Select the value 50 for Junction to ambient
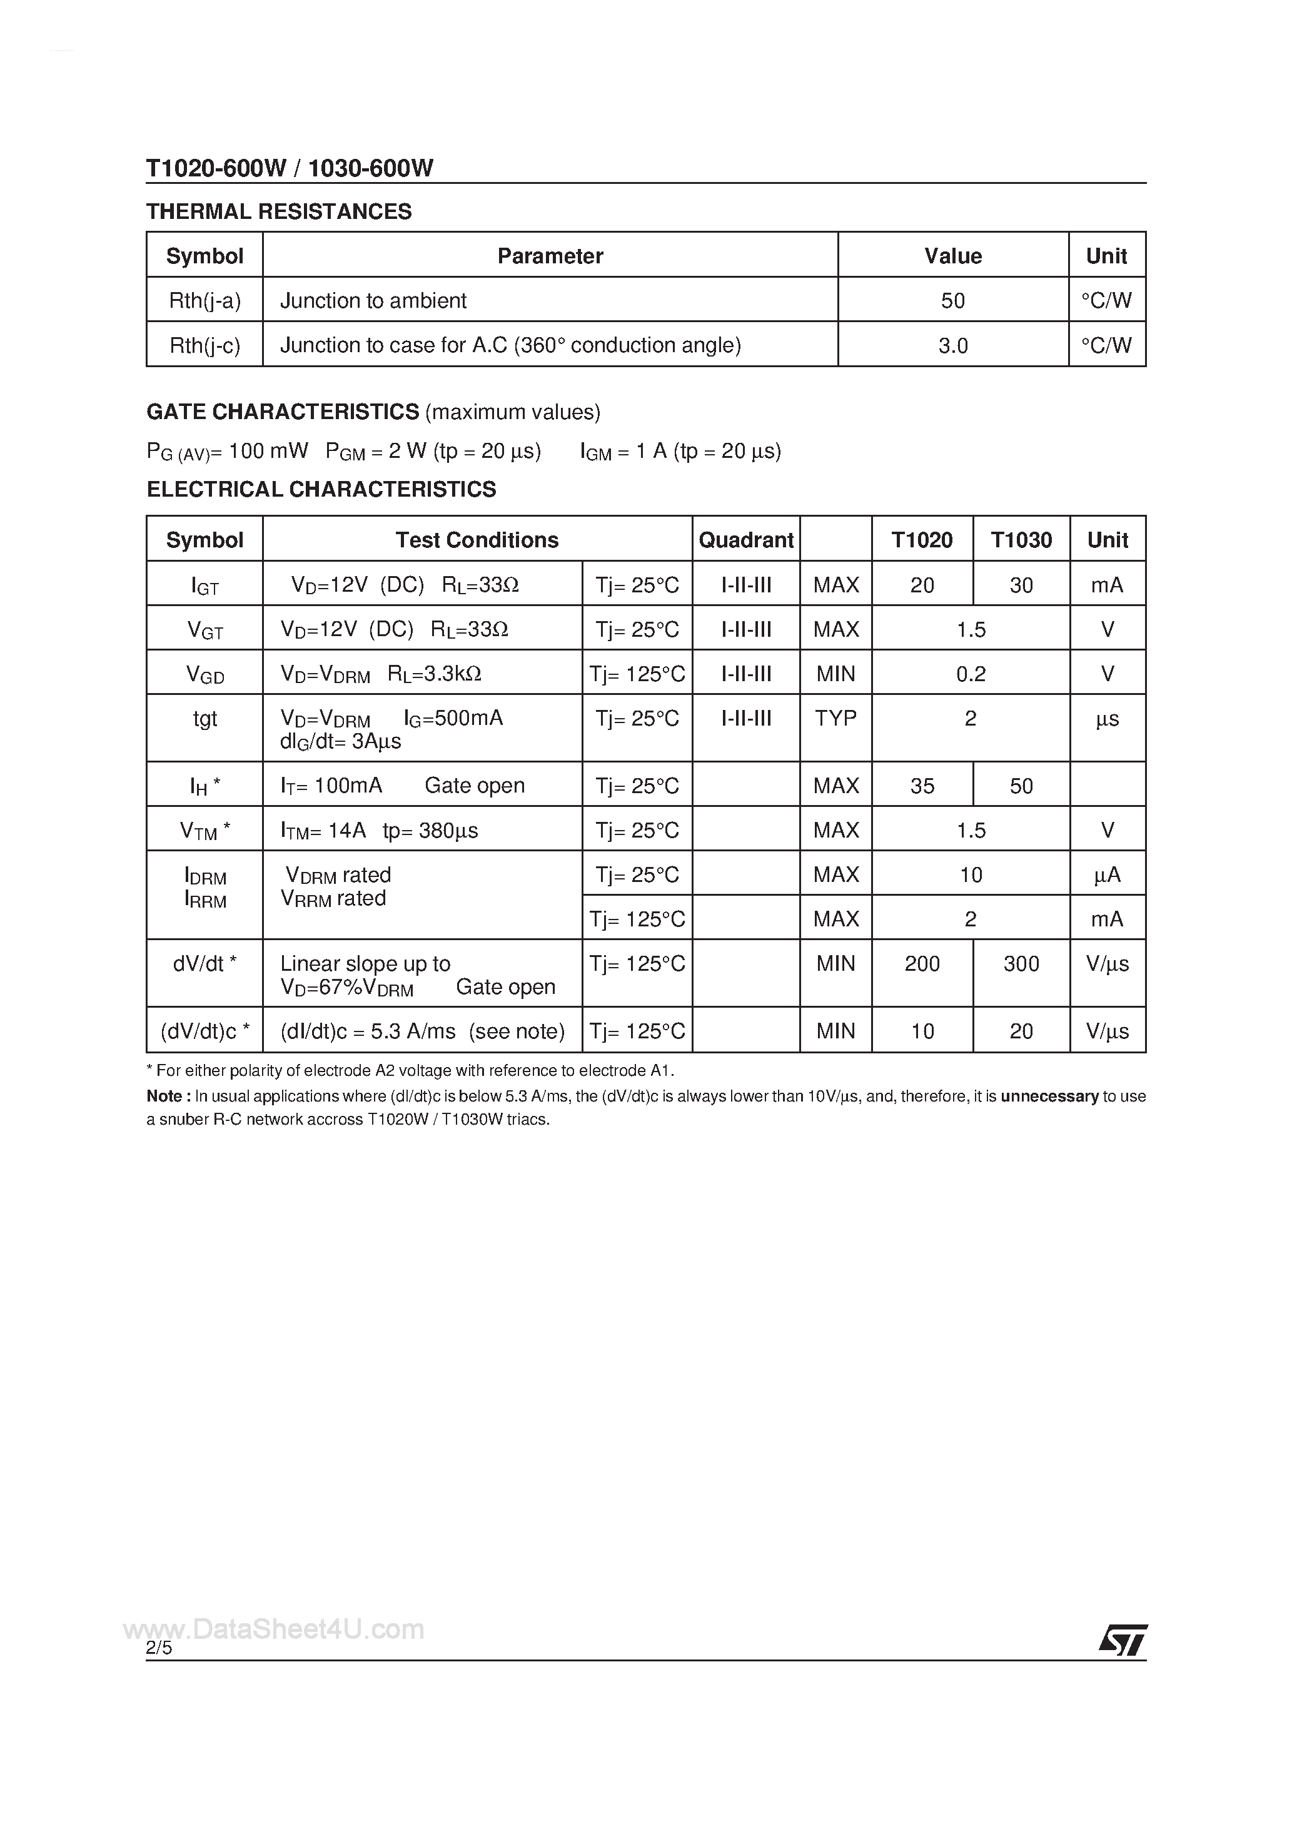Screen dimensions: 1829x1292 [952, 300]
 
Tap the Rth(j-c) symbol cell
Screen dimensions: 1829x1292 [204, 345]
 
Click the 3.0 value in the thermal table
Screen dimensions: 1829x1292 [952, 346]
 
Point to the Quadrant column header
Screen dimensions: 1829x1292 [745, 540]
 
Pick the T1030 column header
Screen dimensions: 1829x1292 [1021, 540]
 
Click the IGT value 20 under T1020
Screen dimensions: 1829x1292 [922, 585]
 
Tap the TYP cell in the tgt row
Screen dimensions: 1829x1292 [835, 719]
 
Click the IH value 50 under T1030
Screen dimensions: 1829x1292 [1021, 786]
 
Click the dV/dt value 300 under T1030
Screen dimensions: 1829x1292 [1021, 964]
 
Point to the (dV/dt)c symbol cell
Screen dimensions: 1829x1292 [204, 1031]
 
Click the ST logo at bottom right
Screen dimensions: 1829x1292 [1123, 1639]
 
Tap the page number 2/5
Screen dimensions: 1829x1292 [159, 1648]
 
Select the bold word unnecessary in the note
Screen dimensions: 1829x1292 [1049, 1096]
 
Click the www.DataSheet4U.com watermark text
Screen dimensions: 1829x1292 [274, 1630]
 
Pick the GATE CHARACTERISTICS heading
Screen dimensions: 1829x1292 [283, 412]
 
